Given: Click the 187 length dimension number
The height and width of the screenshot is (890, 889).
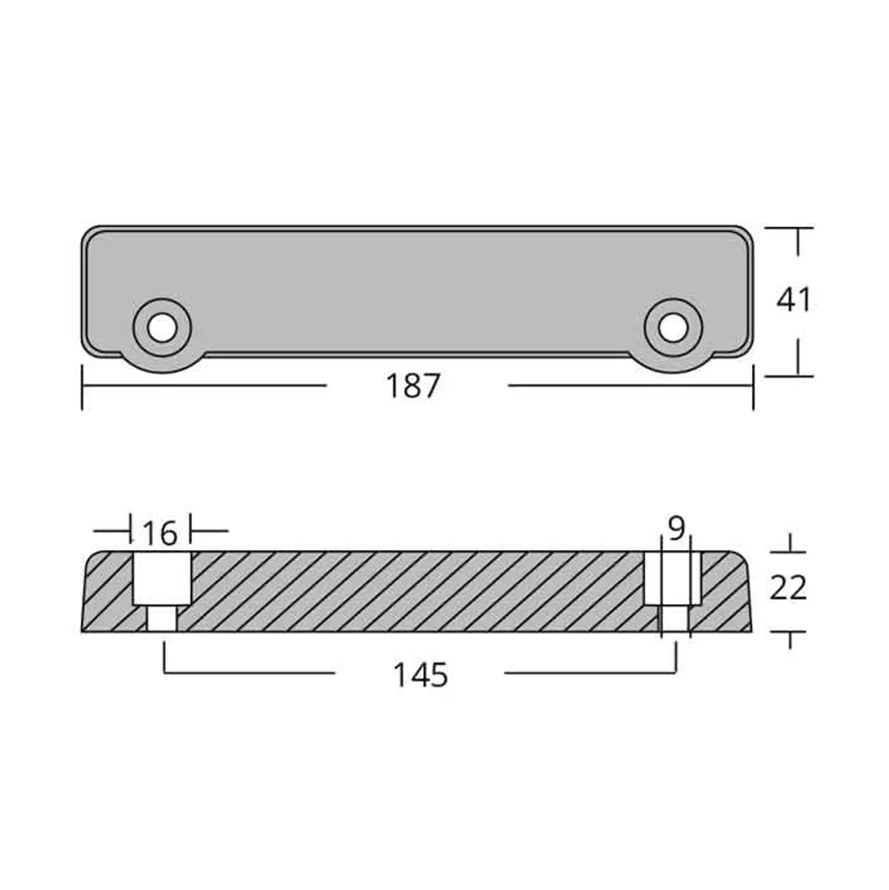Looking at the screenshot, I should click(413, 386).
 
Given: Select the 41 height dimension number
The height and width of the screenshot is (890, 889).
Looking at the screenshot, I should click(794, 300).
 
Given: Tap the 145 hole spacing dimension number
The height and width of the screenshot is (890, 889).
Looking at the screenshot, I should click(420, 674).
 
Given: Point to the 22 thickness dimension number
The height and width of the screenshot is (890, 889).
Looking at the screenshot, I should click(788, 588).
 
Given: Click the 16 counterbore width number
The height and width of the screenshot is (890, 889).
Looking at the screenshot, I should click(160, 532).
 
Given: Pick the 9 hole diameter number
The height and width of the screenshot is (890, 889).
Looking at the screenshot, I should click(676, 528).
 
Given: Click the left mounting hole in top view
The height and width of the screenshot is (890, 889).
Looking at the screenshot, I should click(162, 327).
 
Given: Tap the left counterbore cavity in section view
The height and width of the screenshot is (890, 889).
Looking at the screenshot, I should click(162, 578).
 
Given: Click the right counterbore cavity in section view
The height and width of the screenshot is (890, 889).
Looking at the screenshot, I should click(671, 578).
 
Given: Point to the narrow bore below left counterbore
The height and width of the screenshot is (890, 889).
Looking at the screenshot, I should click(162, 618).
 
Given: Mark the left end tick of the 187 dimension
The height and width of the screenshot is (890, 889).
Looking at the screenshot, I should click(82, 387).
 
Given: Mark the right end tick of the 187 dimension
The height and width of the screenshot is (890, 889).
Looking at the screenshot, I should click(753, 387).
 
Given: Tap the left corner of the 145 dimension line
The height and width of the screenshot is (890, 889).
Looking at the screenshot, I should click(164, 672).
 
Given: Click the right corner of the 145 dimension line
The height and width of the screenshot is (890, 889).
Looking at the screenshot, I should click(675, 672).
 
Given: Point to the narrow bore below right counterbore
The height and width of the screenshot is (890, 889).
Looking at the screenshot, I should click(673, 618).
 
